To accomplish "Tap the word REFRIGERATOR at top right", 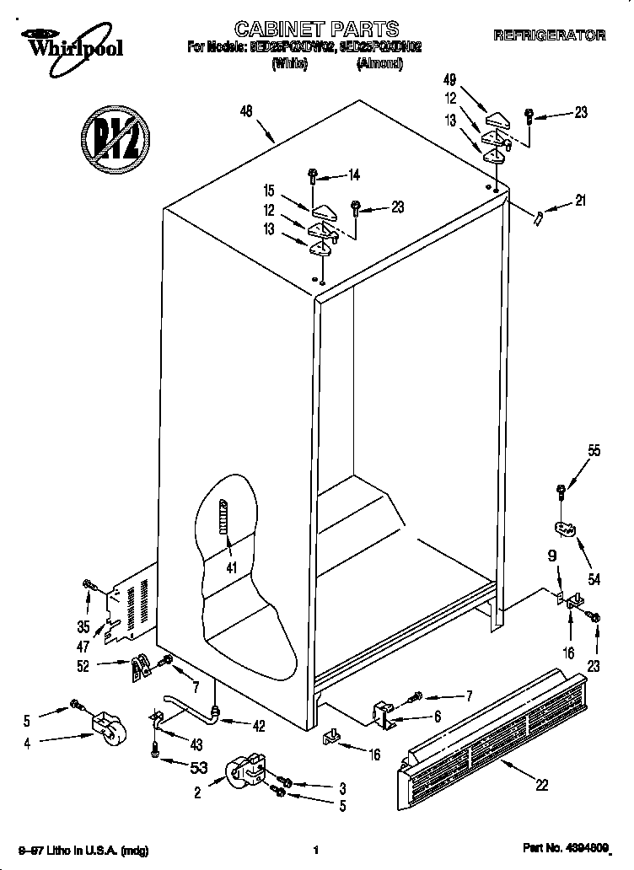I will coord(549,35).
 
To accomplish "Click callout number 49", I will coord(449,80).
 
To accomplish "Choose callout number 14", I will coord(353,175).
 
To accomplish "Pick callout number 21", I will coord(580,200).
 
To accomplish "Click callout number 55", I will coord(594,451).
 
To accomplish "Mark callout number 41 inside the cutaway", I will coord(229,567).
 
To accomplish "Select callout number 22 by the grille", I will coord(541,785).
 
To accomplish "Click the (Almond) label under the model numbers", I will coord(379,63).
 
